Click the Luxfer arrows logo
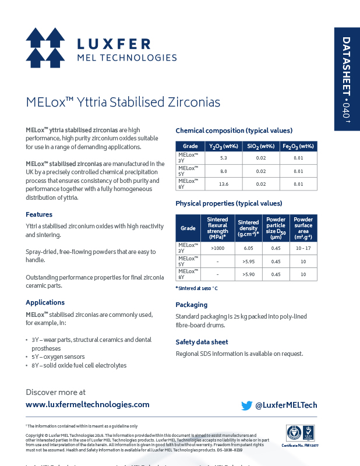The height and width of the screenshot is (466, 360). point(45,47)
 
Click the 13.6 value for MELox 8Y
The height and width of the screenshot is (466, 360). point(224,184)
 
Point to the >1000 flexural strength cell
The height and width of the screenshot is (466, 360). point(217,248)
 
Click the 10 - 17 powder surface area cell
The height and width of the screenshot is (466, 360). point(303,248)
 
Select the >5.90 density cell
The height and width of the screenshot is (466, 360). point(248,274)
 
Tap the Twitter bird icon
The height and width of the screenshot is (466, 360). point(246,405)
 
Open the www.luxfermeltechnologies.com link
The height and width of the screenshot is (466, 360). point(87,404)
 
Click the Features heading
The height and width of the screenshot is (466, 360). point(39,214)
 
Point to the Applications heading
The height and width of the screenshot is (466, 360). point(45,302)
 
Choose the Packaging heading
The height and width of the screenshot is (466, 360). point(191,305)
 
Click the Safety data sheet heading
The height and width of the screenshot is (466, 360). point(202,342)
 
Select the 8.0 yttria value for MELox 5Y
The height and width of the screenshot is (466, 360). point(224,171)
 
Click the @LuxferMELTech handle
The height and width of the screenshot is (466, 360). point(287,405)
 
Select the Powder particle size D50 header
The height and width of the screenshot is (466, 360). point(276,228)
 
